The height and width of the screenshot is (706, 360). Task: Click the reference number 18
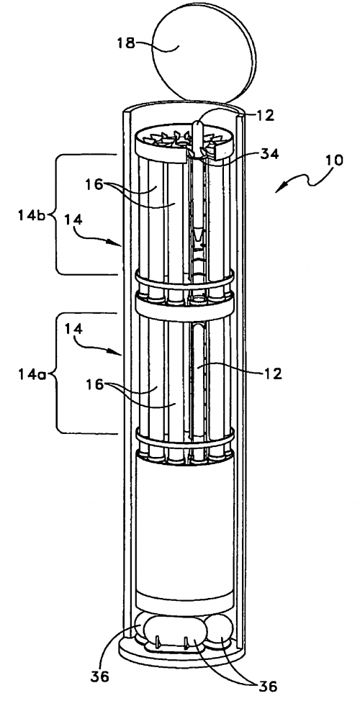pos(127,44)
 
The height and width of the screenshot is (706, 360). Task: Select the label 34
pos(269,154)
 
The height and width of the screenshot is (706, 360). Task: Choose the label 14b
pos(32,215)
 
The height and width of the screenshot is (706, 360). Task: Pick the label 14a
pos(32,374)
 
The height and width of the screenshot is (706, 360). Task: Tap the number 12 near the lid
pos(265,116)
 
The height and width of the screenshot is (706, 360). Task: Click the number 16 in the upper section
pos(94,184)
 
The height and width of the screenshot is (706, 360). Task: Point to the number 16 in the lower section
pos(94,384)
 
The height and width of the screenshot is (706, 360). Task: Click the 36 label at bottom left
pos(99,676)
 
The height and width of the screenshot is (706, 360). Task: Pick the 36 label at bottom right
pos(267,686)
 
